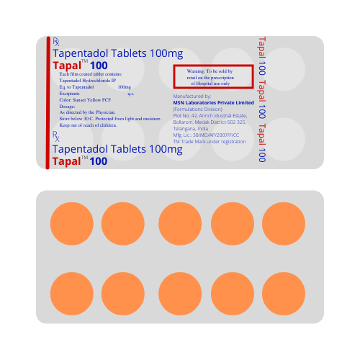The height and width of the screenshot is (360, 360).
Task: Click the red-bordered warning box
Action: click(x=213, y=76)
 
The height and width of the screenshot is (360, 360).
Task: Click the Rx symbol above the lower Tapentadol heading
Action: click(x=57, y=135)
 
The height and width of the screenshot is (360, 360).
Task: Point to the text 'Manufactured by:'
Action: click(x=192, y=96)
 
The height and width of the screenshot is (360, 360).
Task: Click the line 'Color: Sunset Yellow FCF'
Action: click(x=84, y=100)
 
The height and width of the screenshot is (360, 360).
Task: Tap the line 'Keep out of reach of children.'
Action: click(x=90, y=124)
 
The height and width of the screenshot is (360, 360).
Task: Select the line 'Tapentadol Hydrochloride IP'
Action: click(x=89, y=81)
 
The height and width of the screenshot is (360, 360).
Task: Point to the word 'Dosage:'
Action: click(x=68, y=107)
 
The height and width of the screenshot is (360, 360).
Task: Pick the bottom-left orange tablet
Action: click(x=71, y=297)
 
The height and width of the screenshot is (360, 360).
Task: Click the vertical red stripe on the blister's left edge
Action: click(x=48, y=102)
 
